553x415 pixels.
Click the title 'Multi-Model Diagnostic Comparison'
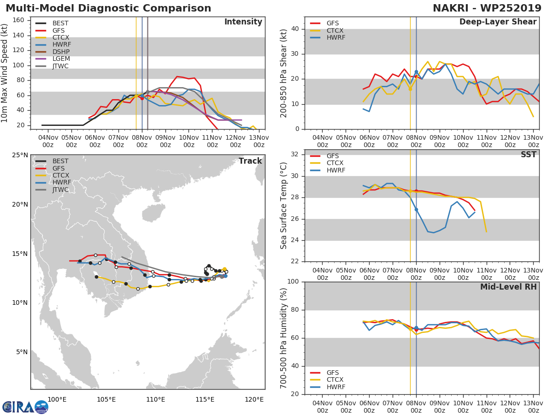coord(108,8)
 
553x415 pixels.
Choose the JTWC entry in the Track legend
coord(60,190)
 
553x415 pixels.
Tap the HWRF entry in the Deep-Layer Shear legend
coord(335,37)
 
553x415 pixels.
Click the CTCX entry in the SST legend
coord(335,163)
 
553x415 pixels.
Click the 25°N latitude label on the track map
coord(20,155)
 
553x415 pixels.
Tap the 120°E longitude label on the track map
coord(254,399)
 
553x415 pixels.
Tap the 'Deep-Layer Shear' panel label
coord(498,22)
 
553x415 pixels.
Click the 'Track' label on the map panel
coord(250,161)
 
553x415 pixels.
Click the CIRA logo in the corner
coord(25,407)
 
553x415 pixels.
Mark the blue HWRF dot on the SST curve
coord(416,209)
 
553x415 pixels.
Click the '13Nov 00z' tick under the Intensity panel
coord(259,141)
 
